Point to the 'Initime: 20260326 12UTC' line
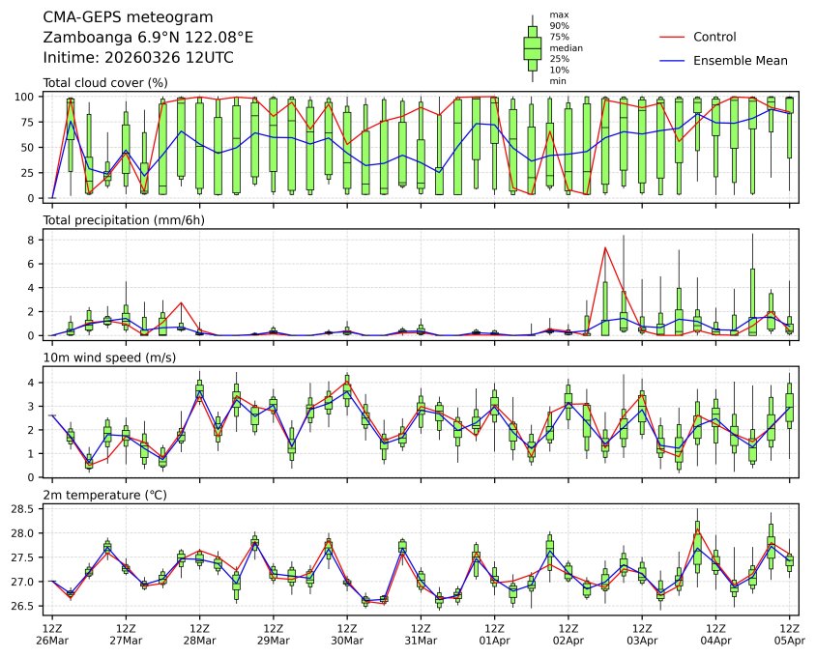(138, 58)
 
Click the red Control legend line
(672, 37)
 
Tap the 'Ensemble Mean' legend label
(741, 61)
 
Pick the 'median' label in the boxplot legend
(567, 47)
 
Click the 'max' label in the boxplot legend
(558, 14)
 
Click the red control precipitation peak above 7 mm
(604, 247)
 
